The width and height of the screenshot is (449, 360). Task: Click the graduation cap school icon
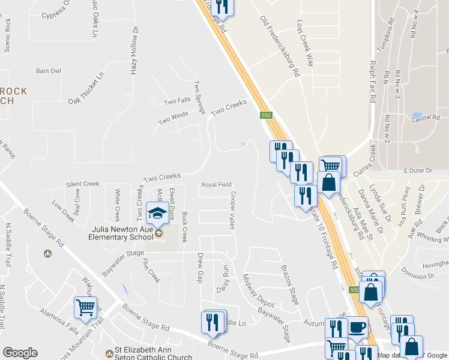coord(157,214)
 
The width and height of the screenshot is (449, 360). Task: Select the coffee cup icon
coord(358,327)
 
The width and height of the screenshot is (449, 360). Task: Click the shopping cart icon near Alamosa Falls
coord(85,308)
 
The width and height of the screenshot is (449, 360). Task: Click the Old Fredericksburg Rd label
coord(280,47)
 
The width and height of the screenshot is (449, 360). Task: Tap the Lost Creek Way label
coord(306,43)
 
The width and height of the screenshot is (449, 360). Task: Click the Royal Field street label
coord(216,185)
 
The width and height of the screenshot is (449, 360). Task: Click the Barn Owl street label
coord(49,71)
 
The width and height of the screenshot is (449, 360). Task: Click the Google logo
coord(20,353)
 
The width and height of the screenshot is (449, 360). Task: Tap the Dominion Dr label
coord(418,276)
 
